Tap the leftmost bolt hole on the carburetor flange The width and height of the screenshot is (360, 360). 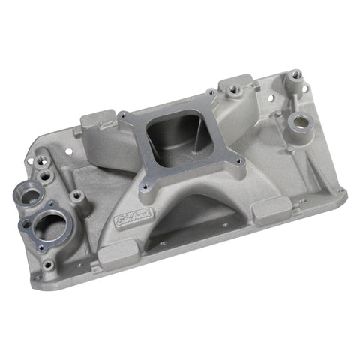pos(121,116)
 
